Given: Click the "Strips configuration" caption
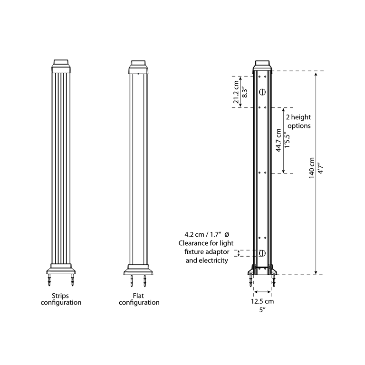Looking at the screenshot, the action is coord(61,299).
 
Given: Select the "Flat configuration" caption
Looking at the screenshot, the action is coord(139,299).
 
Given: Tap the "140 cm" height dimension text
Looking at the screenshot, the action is coord(312,168).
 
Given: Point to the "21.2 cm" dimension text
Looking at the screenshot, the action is coord(236,92).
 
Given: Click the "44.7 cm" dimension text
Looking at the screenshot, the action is coord(279,140).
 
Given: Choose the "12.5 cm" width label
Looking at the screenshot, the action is coord(262,301).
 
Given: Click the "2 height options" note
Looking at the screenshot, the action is coord(298,121).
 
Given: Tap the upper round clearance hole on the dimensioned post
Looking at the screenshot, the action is coord(262,92).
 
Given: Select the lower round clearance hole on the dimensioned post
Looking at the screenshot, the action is coord(262,253).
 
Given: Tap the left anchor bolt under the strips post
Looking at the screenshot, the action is coord(50,280).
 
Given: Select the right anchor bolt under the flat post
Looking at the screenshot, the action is coord(145,281).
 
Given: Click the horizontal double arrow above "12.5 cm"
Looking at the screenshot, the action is coord(262,292).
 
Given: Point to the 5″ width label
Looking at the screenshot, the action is coord(262,310).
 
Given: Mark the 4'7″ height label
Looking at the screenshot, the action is coord(320,168).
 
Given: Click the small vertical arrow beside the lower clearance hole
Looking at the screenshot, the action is coord(239,253).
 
